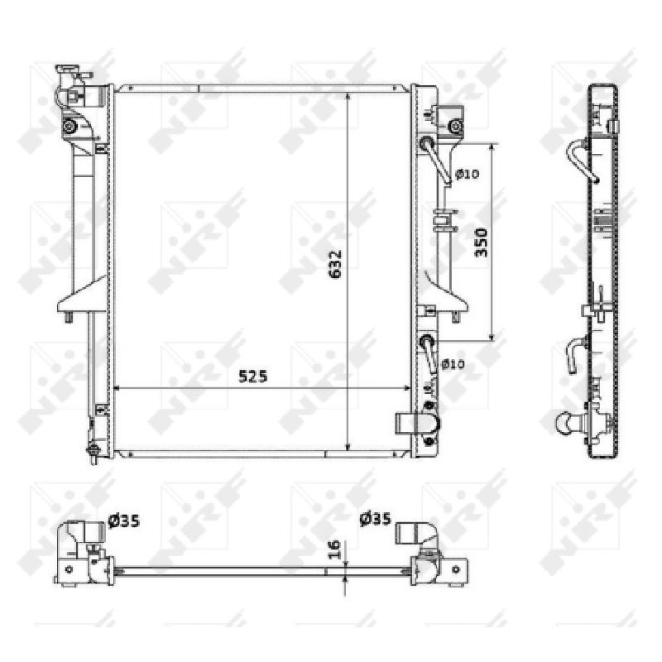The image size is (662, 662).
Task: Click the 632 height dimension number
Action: click(x=335, y=265)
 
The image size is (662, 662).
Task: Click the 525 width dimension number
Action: click(x=253, y=377)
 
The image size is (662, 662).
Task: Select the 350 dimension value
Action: click(x=482, y=242)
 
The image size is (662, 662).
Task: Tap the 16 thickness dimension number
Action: click(x=334, y=549)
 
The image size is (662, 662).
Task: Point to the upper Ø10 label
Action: click(x=468, y=174)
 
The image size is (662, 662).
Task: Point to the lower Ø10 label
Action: click(x=453, y=364)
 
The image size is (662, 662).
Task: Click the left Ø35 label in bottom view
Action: click(x=123, y=521)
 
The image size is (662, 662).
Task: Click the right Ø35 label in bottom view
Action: click(x=376, y=519)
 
